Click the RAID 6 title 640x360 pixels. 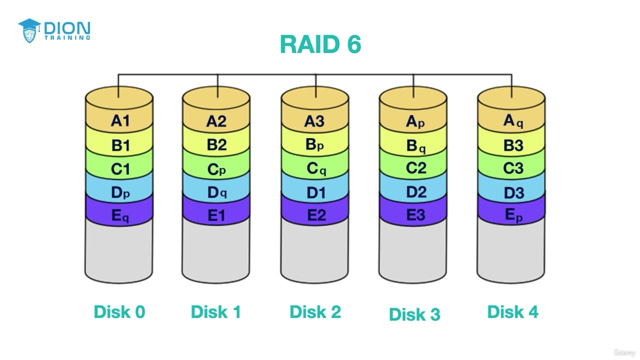(320, 44)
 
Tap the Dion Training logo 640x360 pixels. (54, 30)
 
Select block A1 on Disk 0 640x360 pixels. (120, 121)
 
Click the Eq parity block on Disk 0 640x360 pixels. (120, 216)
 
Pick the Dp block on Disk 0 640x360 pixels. (120, 192)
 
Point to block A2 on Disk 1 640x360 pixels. (216, 121)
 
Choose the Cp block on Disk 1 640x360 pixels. (216, 169)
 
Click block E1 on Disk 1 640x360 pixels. (216, 215)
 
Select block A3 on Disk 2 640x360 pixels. (315, 121)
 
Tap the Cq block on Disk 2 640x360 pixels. (315, 169)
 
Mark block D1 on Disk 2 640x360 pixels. (315, 192)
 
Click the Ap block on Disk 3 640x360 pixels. (414, 121)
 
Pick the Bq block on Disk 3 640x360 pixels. (414, 146)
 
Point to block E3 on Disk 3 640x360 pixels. (414, 215)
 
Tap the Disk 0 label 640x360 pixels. (119, 312)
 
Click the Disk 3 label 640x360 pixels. (414, 314)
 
